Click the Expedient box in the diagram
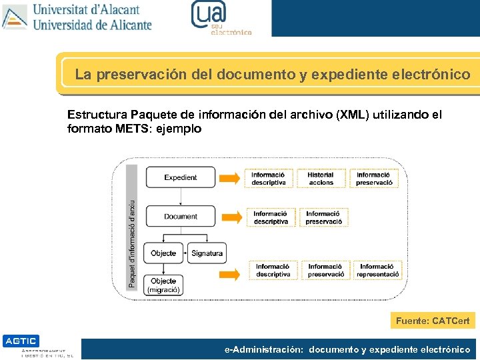tap(181, 177)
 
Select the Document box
tap(181, 216)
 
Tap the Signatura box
tap(207, 253)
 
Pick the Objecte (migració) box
tap(163, 285)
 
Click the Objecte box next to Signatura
tap(163, 253)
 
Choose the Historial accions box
tap(321, 179)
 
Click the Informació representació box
tap(377, 270)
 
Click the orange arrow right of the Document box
tap(230, 217)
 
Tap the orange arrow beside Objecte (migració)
tap(230, 273)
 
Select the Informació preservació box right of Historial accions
tap(373, 179)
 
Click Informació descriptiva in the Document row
tap(271, 217)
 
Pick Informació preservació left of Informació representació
tap(325, 270)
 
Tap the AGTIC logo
tap(21, 341)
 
